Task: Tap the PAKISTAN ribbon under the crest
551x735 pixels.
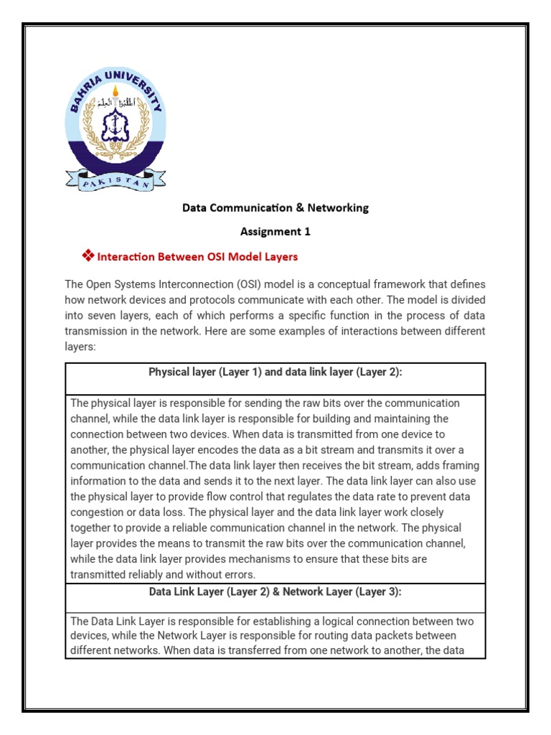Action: click(116, 180)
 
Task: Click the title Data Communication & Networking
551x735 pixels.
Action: click(275, 207)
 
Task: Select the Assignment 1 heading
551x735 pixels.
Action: click(275, 231)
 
